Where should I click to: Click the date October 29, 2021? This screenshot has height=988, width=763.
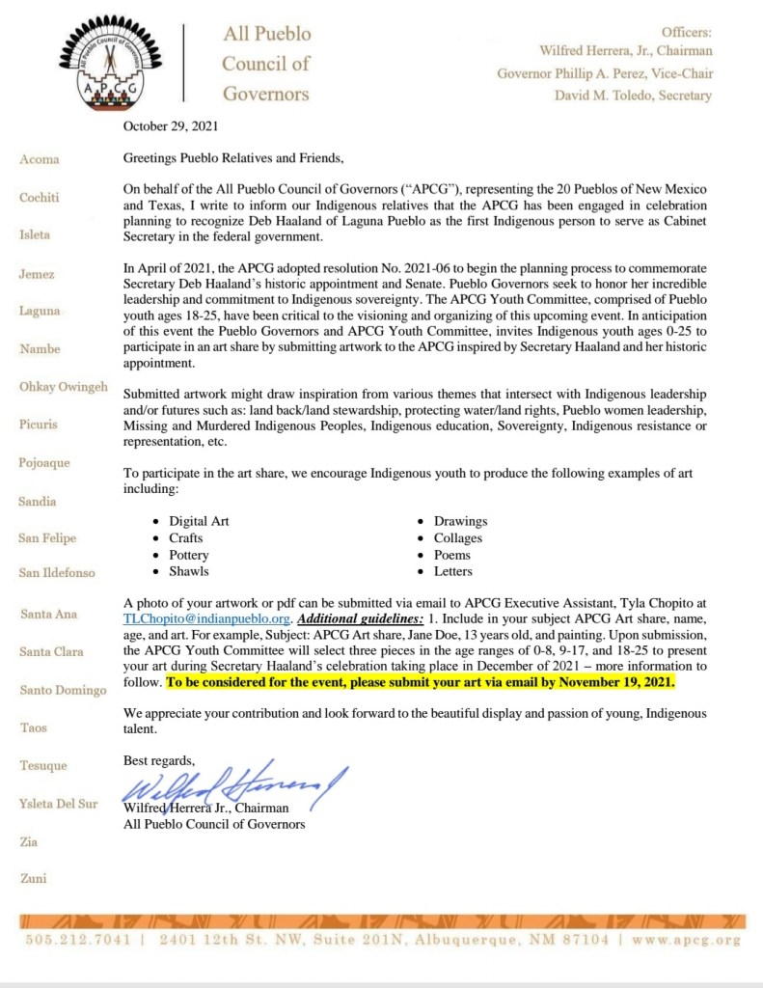click(170, 126)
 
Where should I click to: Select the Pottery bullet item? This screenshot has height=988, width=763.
click(188, 556)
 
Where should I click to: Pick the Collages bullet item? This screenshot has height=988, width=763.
click(457, 538)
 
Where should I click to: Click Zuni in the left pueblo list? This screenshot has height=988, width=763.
click(33, 879)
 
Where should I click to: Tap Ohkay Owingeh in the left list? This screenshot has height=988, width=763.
click(63, 387)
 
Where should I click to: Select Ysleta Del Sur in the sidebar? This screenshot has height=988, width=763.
click(58, 804)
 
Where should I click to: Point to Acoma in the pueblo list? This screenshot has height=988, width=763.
click(39, 159)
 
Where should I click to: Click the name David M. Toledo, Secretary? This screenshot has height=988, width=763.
click(633, 96)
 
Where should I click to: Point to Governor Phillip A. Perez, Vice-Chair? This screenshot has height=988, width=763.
click(605, 73)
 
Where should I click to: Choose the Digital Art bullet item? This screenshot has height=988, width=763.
click(199, 521)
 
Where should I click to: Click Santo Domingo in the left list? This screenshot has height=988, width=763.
click(62, 690)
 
